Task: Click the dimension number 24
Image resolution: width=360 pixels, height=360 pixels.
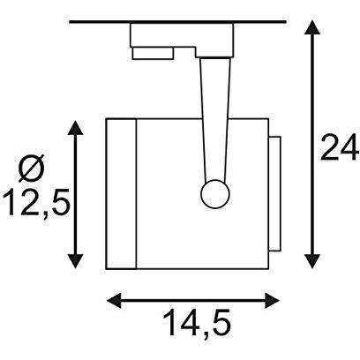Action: tap(340, 147)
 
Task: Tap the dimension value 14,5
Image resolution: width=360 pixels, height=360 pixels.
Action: tap(198, 323)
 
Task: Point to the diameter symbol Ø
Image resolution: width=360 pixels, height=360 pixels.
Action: tap(32, 168)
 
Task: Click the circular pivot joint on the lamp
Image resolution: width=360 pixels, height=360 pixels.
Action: tap(215, 194)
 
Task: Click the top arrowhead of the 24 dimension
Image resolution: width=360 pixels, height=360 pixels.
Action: tap(312, 28)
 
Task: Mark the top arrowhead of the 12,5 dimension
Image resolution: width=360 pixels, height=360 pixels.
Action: tap(76, 127)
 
